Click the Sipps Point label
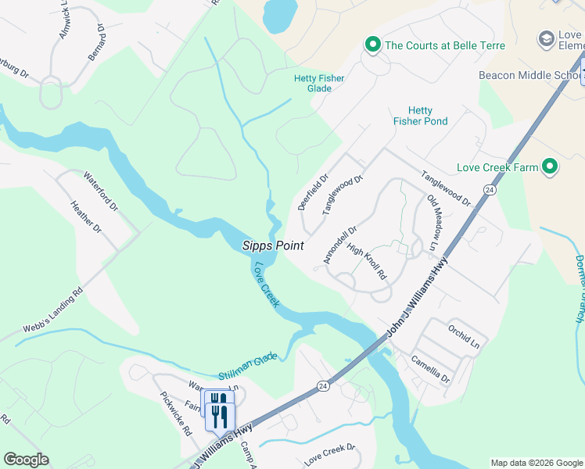pos(272,245)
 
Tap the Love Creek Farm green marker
pos(550,166)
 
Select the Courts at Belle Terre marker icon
pos(373,45)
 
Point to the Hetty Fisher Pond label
pos(420,116)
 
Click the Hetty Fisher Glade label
pos(319,83)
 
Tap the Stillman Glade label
pos(248,366)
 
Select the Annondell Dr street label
pos(339,245)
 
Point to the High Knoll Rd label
pos(367,263)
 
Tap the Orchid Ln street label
pos(464,334)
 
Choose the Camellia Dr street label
pos(432,368)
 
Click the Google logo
pos(27,460)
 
